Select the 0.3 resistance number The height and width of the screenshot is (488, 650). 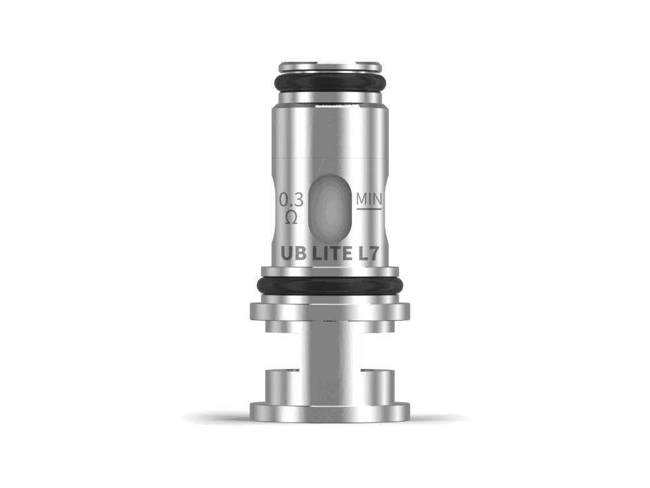(291, 200)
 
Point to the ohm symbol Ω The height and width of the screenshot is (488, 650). (292, 217)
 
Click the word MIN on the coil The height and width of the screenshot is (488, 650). (369, 199)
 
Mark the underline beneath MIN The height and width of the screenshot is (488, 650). (369, 209)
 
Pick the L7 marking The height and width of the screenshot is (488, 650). (369, 254)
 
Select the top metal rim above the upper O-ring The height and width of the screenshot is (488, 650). (330, 67)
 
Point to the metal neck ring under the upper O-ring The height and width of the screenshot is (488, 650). (330, 98)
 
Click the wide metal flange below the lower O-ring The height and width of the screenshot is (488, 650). (330, 311)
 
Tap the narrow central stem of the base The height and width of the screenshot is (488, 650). (330, 361)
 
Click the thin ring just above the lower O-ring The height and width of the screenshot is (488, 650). (330, 271)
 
